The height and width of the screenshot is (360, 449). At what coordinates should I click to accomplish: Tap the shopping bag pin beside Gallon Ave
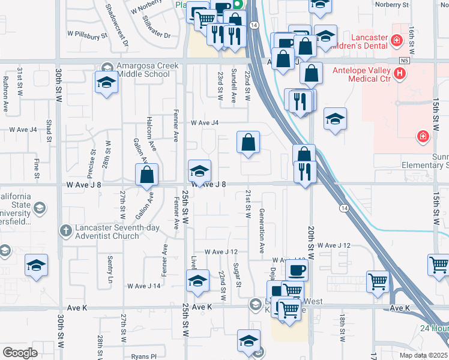[147, 176]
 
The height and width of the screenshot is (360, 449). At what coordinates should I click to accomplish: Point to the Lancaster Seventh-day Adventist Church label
[107, 232]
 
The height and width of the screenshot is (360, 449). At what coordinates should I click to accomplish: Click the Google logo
[20, 353]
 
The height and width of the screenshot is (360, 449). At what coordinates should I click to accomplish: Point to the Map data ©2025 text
[423, 355]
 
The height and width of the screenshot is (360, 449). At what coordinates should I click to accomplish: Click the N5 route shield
[407, 61]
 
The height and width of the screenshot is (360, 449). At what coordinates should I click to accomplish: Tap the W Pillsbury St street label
[87, 35]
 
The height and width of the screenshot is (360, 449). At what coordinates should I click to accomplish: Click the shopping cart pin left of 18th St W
[378, 281]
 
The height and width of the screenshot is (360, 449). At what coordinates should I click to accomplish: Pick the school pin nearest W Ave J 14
[198, 280]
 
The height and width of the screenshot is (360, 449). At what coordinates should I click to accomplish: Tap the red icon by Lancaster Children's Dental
[396, 40]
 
